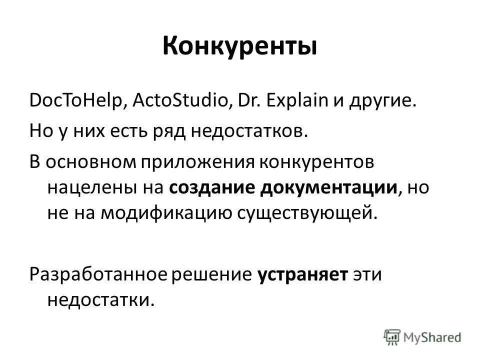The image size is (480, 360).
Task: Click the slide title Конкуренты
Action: pos(239,47)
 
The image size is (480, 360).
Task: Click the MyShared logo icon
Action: pos(392,336)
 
